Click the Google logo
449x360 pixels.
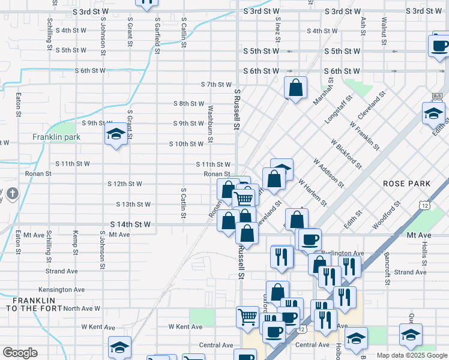click(x=20, y=353)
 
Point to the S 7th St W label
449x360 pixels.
click(x=216, y=85)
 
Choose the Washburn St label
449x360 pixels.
click(x=210, y=124)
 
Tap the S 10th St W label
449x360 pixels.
click(x=186, y=144)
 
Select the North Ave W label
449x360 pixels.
click(x=81, y=308)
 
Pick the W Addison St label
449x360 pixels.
click(x=328, y=172)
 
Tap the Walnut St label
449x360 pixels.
click(x=383, y=29)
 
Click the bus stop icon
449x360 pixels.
click(x=436, y=95)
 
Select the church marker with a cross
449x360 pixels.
click(x=13, y=194)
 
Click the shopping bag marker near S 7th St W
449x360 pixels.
click(x=296, y=88)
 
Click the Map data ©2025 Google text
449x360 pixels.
click(x=412, y=355)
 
